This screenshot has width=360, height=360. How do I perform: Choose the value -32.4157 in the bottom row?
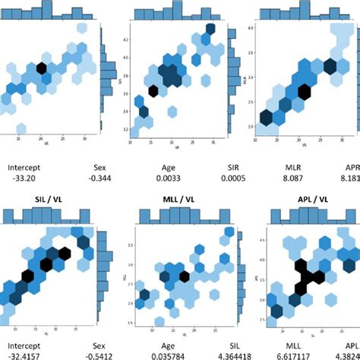click(x=26, y=354)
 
